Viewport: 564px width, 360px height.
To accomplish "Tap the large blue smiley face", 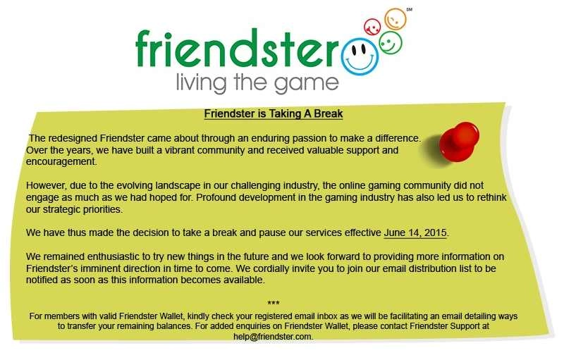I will [360, 54].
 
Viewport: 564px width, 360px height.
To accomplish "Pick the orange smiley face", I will [395, 19].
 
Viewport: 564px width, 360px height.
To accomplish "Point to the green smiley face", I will [390, 42].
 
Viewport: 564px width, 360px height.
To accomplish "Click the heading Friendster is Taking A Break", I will [273, 113].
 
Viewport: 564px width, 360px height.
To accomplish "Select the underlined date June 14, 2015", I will [415, 232].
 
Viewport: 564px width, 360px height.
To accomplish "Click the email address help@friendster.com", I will [273, 337].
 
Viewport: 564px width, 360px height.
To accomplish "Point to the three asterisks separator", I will [274, 304].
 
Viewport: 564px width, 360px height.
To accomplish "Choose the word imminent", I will [109, 268].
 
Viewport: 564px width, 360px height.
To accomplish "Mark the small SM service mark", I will [410, 9].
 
